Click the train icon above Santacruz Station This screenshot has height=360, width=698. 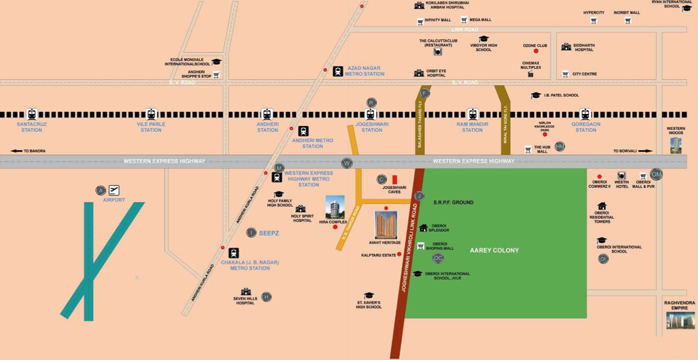coord(32,115)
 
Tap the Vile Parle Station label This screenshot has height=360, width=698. coord(151,127)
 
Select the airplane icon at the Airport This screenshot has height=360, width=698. coord(114,190)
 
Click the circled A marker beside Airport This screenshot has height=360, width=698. coord(101,190)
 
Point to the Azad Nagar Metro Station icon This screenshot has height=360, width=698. coord(338,71)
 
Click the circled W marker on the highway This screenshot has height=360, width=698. coord(347,163)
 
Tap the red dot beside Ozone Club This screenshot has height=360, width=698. coord(536,51)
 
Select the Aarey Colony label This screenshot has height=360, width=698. coord(494,250)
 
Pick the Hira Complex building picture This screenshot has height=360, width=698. coord(335,207)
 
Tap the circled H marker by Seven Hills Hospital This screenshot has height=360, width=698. coord(266,297)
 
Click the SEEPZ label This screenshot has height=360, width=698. coord(269,233)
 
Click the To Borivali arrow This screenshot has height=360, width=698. coord(645,151)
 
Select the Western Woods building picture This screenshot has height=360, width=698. coord(676,146)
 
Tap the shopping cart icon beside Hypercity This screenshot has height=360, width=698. coord(594,21)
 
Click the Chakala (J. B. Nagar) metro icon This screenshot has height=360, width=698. coord(233,253)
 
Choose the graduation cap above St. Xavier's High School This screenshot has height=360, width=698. coord(369,296)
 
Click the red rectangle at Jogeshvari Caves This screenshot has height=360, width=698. coord(395,180)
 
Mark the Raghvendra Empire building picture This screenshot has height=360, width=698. coord(680,320)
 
